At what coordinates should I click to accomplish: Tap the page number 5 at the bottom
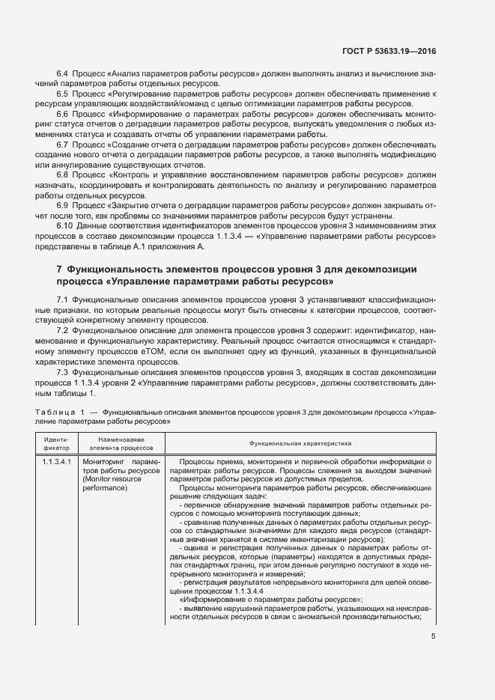click(434, 636)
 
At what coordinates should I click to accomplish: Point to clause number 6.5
click(63, 94)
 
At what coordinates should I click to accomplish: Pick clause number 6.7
click(63, 143)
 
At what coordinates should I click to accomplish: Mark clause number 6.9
click(63, 203)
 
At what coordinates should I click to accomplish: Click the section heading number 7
click(59, 268)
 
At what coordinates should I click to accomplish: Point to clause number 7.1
click(63, 299)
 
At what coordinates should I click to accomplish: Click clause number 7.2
click(63, 329)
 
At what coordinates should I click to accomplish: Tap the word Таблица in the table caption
click(55, 412)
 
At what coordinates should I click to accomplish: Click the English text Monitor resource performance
click(115, 482)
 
